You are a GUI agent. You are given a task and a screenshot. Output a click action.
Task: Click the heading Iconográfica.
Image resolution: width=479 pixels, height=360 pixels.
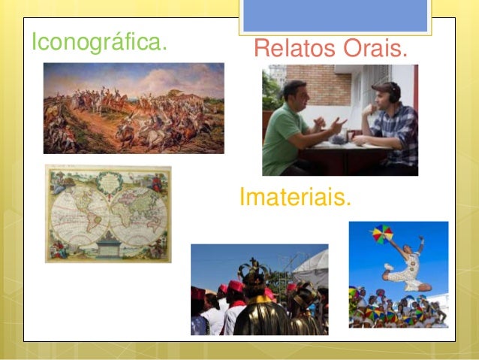(98, 42)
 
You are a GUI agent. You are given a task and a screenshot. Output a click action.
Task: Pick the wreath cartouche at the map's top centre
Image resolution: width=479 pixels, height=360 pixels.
(108, 180)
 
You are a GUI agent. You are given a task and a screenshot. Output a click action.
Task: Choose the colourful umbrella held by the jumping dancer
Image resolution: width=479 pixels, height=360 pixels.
(383, 234)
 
